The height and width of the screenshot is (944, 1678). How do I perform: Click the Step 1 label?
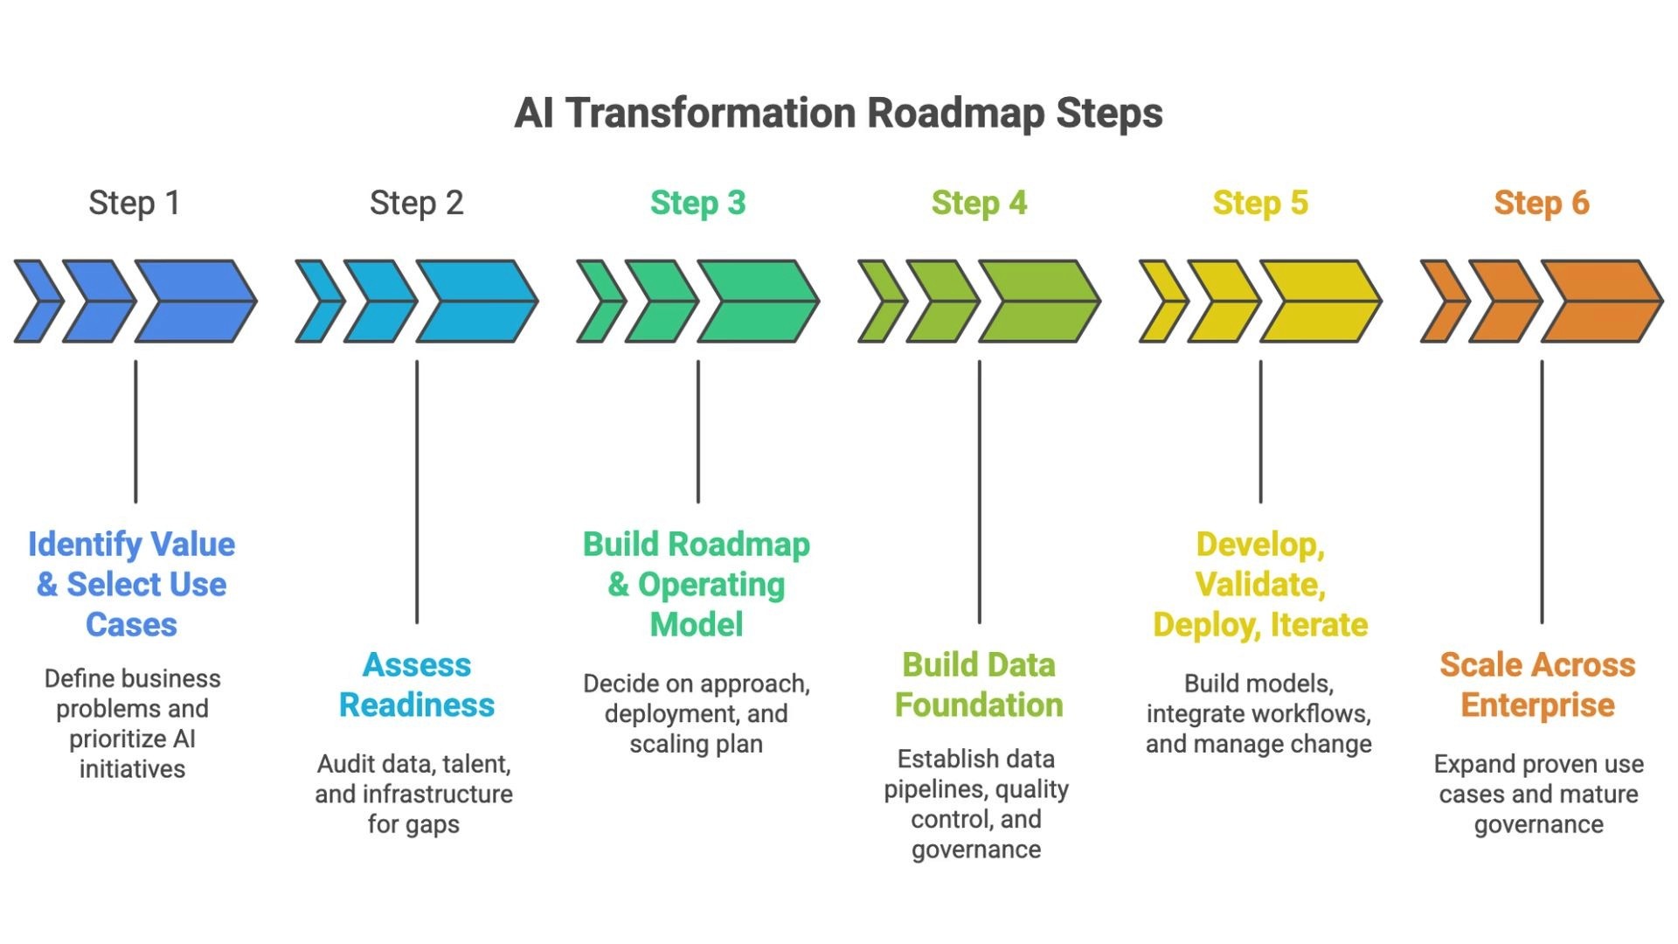[x=134, y=203]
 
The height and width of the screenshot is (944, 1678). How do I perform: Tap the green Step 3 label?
[x=697, y=203]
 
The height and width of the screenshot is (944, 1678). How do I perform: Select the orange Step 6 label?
[x=1541, y=203]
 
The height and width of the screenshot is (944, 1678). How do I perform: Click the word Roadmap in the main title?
[x=956, y=114]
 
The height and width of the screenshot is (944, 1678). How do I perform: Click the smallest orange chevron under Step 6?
[x=1442, y=301]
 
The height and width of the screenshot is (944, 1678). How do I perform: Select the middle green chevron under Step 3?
[x=660, y=301]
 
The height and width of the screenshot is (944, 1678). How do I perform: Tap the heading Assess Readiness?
[x=417, y=684]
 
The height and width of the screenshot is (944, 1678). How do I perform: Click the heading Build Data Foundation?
[x=979, y=684]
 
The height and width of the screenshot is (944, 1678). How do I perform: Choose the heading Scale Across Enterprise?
[x=1537, y=684]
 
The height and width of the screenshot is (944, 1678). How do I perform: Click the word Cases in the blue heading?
[x=131, y=624]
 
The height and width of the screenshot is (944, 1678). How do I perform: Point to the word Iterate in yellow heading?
[x=1319, y=624]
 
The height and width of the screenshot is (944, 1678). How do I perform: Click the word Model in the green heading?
[x=697, y=624]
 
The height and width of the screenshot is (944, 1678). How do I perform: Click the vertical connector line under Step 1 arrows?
[x=135, y=432]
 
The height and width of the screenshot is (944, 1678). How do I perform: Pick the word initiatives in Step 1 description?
[x=132, y=769]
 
